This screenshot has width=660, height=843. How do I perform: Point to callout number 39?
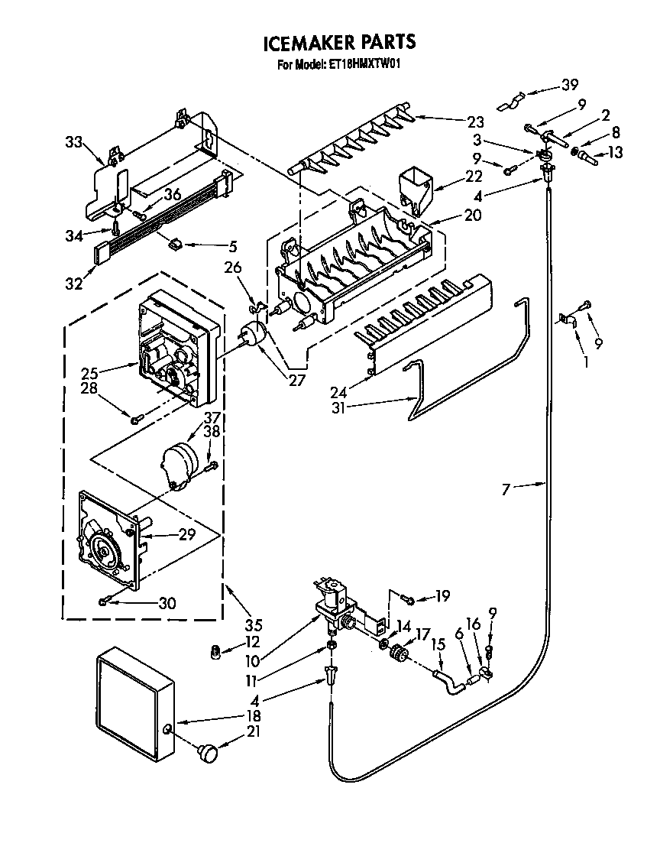click(569, 86)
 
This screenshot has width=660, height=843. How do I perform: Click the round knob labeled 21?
click(207, 753)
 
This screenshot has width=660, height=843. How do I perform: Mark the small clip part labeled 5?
click(176, 245)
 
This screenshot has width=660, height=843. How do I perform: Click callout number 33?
click(73, 141)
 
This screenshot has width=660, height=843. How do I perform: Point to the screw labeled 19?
click(408, 597)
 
